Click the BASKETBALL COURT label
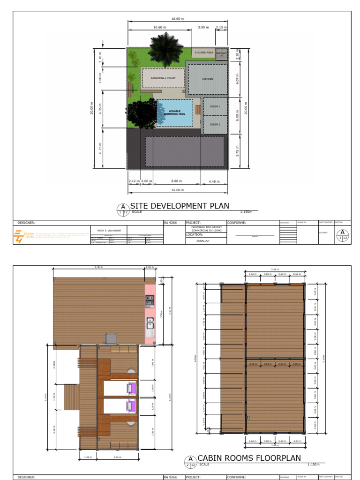pos(163,78)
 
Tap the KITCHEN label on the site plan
pos(208,79)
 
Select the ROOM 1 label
pos(215,107)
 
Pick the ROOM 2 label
pos(215,125)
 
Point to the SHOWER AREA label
pos(203,53)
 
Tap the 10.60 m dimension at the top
pos(159,28)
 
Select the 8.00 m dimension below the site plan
pos(177,181)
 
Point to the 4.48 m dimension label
pos(214,181)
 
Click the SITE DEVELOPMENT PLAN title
pos(180,206)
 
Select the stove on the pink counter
pos(150,300)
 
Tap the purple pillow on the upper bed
pos(131,388)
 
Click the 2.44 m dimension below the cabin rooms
pos(117,457)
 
